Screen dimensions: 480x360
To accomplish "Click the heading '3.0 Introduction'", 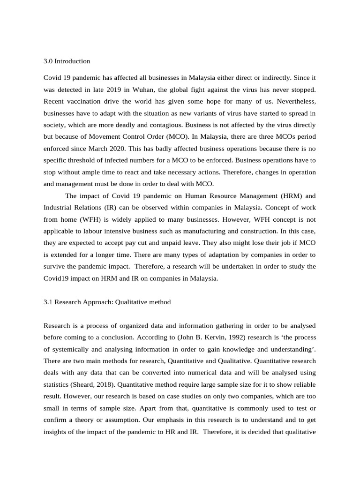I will point(67,61).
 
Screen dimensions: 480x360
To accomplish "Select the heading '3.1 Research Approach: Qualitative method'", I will point(107,302).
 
